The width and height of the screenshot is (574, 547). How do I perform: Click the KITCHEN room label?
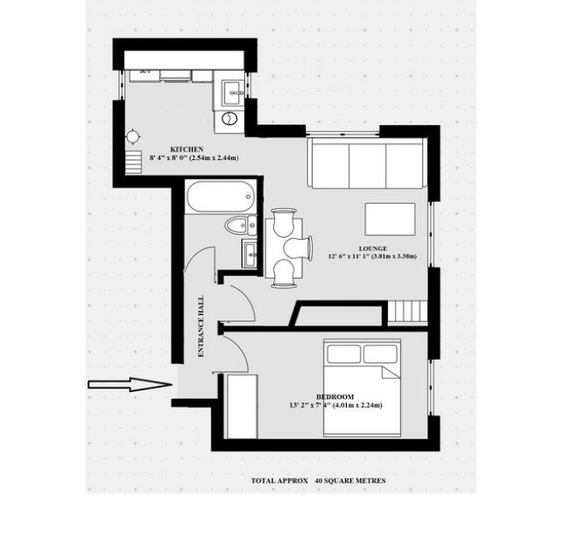[187, 149]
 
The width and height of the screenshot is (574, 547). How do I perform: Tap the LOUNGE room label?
[373, 248]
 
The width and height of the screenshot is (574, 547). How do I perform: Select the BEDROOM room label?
[335, 396]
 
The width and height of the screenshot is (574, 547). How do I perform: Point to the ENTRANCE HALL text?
[200, 326]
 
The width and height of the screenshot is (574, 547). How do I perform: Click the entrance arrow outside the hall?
[130, 384]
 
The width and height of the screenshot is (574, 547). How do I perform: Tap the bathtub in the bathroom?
[220, 197]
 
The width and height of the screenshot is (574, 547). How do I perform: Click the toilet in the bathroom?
[241, 225]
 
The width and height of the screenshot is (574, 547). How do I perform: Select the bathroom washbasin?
[249, 253]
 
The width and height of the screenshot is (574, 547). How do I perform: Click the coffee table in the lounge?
[390, 219]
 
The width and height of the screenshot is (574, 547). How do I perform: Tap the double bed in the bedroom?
[362, 388]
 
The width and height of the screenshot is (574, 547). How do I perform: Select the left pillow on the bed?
[344, 354]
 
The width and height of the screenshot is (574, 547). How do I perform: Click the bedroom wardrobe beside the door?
[242, 406]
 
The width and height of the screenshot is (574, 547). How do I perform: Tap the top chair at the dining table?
[284, 222]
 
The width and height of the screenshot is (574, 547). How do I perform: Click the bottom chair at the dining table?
[284, 273]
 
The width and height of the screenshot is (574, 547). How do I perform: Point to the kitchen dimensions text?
[194, 158]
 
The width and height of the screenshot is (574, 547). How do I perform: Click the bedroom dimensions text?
[336, 405]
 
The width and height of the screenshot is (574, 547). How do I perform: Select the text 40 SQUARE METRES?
[350, 480]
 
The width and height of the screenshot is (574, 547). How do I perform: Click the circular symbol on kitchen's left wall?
[133, 136]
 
